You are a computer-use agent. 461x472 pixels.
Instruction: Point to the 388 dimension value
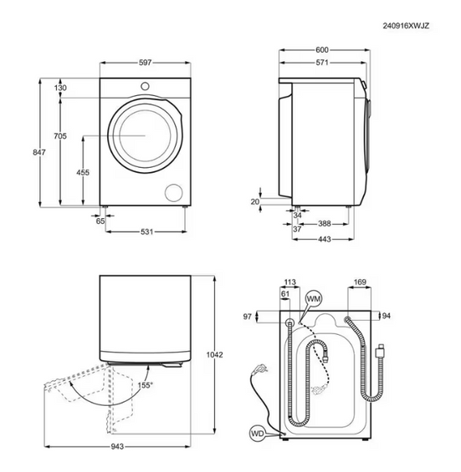tap(327, 223)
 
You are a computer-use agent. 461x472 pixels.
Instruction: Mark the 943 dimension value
tap(117, 448)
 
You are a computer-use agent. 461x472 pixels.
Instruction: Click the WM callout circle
tap(314, 298)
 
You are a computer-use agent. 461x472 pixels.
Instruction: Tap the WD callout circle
tap(258, 433)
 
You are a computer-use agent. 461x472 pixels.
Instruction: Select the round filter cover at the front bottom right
tap(175, 191)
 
